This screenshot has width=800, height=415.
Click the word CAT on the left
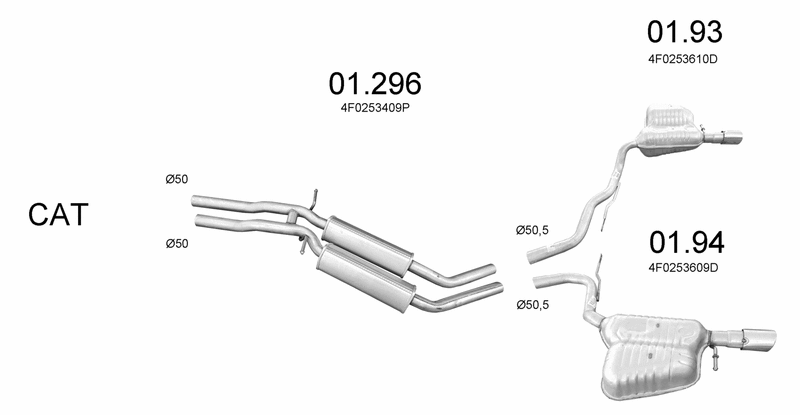58,214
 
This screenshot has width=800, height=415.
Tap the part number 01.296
375,84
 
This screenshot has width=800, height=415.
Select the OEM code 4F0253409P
375,108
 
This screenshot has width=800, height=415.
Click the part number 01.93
685,32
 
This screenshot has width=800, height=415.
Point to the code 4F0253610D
683,59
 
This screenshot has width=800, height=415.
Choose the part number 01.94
687,242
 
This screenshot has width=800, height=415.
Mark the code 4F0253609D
683,267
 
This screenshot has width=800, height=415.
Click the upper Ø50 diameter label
177,179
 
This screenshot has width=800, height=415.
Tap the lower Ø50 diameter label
177,243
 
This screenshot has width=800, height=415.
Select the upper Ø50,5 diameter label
532,230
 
